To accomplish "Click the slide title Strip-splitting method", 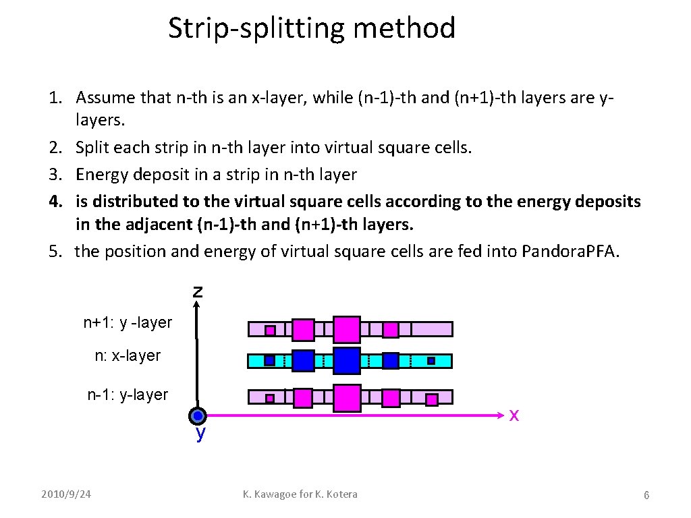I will pos(312,28).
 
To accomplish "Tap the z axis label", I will pos(197,291).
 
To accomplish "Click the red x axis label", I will pos(514,415).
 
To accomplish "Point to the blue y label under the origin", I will pos(200,434).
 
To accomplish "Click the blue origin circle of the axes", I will pos(198,415).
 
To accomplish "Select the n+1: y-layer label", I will pos(128,323).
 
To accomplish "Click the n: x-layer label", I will pos(128,355).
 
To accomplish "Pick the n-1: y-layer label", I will pos(128,395).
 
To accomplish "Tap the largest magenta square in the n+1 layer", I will pos(347,329).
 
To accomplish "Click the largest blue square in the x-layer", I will pos(347,361).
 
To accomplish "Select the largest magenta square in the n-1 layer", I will pos(347,398).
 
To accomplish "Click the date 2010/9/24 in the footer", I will pos(65,494).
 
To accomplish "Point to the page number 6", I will pos(646,496).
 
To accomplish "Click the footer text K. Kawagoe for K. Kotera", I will pos(300,494).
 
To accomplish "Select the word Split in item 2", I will pos(90,147).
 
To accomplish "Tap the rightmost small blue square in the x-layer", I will pos(431,361).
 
